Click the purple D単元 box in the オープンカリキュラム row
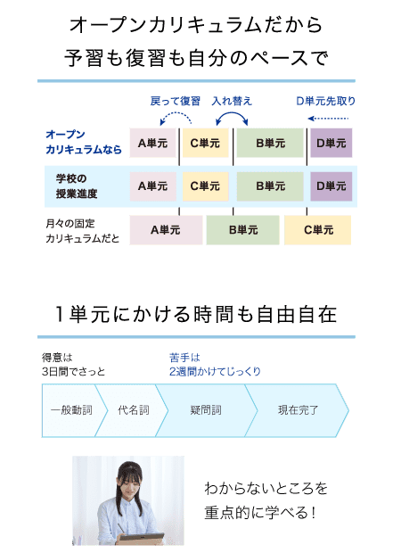(331, 143)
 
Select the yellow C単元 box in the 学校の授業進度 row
(206, 186)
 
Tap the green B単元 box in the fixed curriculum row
(242, 230)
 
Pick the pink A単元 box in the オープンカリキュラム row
(152, 143)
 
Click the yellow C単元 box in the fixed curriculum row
(318, 230)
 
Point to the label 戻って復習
(176, 101)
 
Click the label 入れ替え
(232, 101)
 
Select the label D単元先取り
(325, 101)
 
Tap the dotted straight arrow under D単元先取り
(328, 119)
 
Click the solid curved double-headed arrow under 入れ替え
(232, 113)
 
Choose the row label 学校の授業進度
(77, 186)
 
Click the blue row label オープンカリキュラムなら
(84, 142)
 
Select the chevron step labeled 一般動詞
(71, 410)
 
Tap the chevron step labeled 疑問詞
(206, 410)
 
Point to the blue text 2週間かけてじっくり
(215, 371)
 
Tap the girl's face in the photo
(130, 485)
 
